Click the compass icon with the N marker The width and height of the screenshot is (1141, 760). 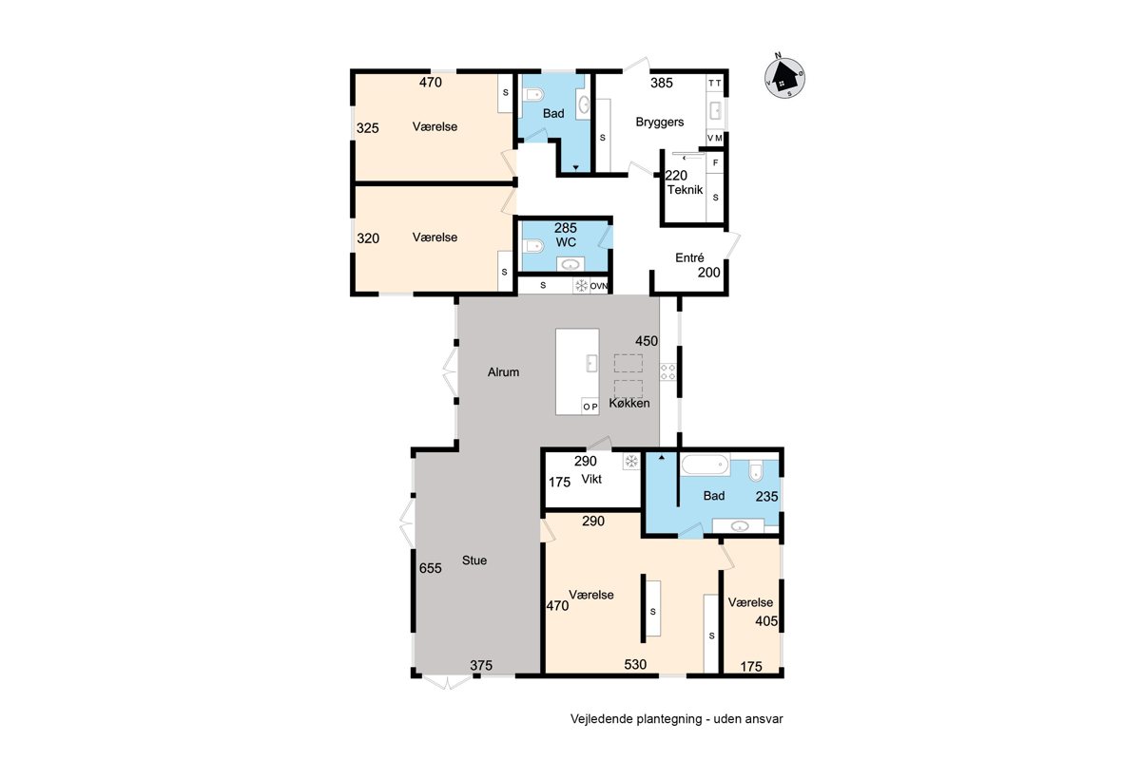785,77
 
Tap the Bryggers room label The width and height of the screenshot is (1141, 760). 660,123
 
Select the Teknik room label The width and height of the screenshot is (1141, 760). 686,190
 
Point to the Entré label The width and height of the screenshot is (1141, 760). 689,257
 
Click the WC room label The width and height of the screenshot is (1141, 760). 566,242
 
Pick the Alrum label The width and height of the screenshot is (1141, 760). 503,372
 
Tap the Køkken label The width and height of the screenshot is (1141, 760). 629,403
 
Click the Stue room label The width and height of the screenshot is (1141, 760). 474,560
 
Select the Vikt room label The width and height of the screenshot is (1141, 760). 591,479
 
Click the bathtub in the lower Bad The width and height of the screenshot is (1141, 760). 706,465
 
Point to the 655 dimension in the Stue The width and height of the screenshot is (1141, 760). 431,568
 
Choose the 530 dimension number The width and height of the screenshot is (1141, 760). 635,664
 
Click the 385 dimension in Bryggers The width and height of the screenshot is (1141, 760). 662,83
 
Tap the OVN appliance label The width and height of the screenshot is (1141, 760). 599,286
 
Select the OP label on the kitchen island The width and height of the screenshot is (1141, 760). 590,407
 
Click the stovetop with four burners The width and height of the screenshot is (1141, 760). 667,371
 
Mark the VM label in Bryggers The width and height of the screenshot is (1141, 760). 715,138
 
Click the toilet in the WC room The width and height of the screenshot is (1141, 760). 533,246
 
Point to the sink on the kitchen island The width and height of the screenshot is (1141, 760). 591,363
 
